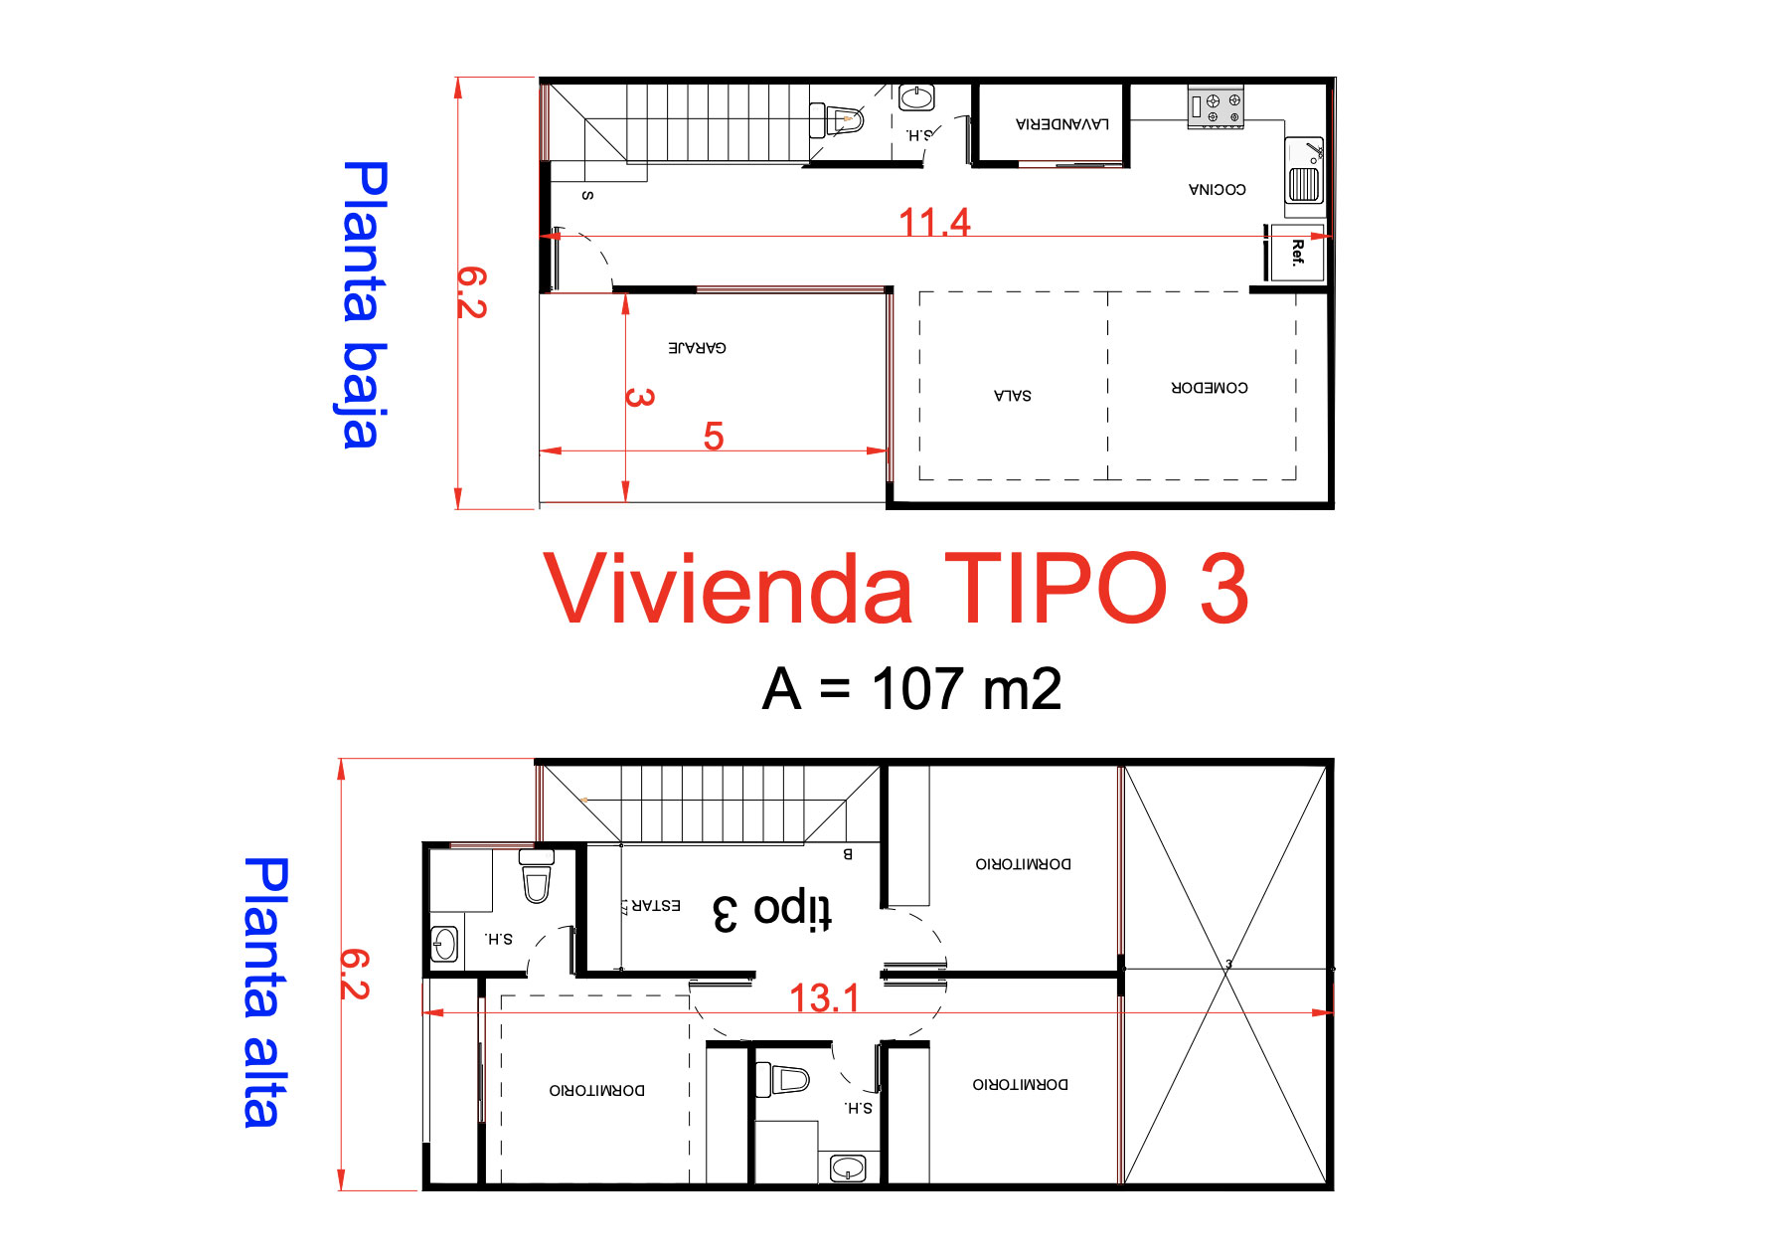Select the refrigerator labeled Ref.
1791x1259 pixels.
1296,253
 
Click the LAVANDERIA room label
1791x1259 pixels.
1061,124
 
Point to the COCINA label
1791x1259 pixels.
1217,189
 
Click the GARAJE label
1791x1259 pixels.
697,348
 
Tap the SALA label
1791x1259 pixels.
1012,396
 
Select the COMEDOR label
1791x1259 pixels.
1209,388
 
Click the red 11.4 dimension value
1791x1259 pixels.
933,222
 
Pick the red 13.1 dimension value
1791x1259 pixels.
824,997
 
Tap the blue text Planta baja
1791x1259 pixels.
363,304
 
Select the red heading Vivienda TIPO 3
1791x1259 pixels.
895,589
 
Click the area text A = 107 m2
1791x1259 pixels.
911,689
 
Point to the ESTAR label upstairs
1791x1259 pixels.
655,905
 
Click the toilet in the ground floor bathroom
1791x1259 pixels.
843,120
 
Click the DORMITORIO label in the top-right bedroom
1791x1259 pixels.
1023,864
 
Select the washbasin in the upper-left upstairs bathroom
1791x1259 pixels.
444,944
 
